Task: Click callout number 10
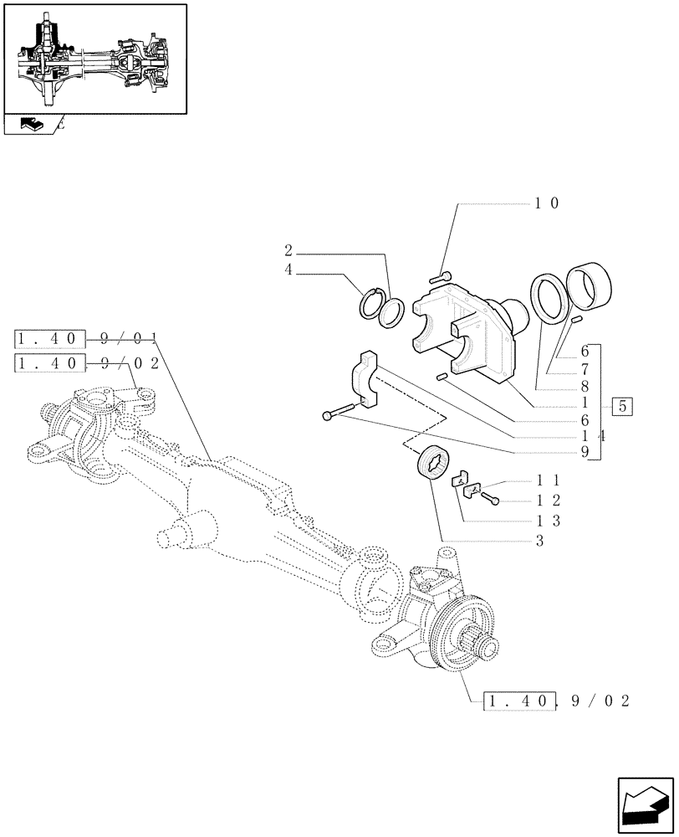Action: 547,203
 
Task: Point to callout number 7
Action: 585,369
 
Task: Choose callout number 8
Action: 585,387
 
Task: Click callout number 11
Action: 547,481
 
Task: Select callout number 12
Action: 547,501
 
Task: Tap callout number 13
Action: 547,521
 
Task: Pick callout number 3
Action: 540,542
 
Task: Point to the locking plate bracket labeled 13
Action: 464,483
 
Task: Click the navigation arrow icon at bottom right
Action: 643,805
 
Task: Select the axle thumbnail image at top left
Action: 95,59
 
